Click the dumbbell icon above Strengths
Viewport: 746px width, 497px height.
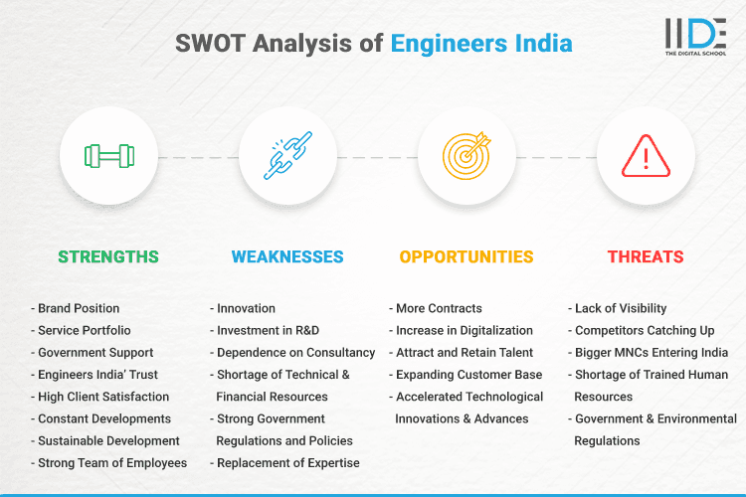pyautogui.click(x=108, y=156)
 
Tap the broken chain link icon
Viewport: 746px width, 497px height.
pyautogui.click(x=287, y=156)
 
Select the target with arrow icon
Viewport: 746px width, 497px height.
pyautogui.click(x=466, y=156)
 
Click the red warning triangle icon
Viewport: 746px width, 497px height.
pyautogui.click(x=646, y=156)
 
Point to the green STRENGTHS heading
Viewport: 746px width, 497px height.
pyautogui.click(x=108, y=256)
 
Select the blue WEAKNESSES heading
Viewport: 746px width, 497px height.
pyautogui.click(x=287, y=256)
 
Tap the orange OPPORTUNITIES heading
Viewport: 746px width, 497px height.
pyautogui.click(x=466, y=256)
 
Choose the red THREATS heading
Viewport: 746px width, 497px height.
pyautogui.click(x=646, y=256)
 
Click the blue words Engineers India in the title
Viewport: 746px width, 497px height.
pyautogui.click(x=480, y=44)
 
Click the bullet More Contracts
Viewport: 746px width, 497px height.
pyautogui.click(x=439, y=308)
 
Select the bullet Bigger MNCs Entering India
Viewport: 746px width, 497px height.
pyautogui.click(x=653, y=352)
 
